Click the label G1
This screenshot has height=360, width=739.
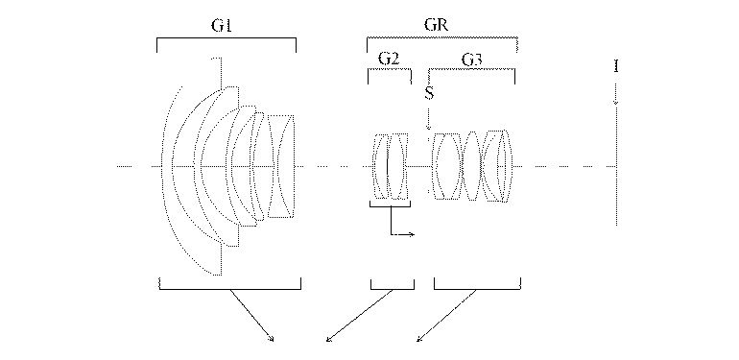223,26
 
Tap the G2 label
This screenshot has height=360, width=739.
389,60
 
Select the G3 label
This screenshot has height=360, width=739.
472,60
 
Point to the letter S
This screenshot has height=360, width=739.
429,94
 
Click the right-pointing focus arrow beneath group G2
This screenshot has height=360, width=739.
403,233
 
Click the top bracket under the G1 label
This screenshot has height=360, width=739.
226,40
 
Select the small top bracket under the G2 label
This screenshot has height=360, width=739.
391,73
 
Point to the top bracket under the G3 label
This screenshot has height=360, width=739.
472,73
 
